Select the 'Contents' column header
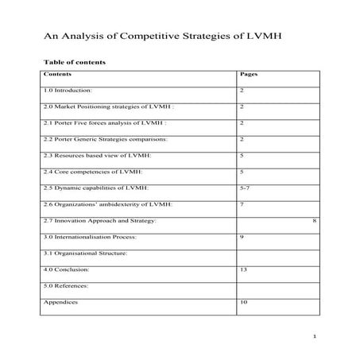click(57, 74)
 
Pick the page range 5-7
click(245, 188)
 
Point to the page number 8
click(315, 219)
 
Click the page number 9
click(241, 237)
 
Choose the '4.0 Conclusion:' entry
click(68, 269)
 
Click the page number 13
click(243, 269)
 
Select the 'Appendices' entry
click(60, 302)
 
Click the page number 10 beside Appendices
click(243, 302)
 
